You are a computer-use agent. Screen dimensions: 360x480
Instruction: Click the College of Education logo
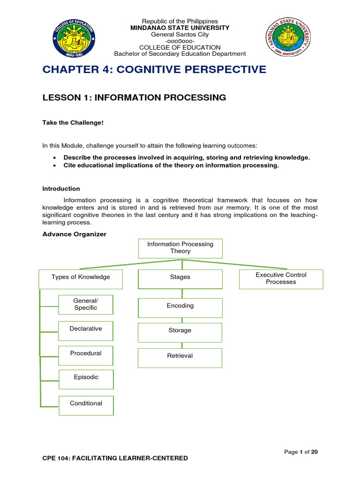(x=74, y=38)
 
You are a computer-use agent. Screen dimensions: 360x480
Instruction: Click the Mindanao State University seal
(x=288, y=37)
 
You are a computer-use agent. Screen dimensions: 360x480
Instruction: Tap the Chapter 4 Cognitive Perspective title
(x=154, y=69)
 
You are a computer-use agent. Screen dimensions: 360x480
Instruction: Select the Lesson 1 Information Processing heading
(x=134, y=97)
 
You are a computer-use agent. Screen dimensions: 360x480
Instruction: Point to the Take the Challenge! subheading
(x=73, y=123)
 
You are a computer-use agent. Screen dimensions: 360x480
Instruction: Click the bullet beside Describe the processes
(x=54, y=158)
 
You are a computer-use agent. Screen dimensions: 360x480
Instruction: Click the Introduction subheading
(x=61, y=188)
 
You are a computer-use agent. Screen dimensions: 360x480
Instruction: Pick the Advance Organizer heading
(x=75, y=234)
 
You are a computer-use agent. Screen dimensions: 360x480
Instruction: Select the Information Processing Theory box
(x=180, y=248)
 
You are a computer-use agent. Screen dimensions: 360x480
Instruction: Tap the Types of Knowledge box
(x=81, y=279)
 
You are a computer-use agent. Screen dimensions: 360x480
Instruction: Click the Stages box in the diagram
(x=180, y=279)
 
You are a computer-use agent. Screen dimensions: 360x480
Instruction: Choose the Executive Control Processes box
(x=281, y=279)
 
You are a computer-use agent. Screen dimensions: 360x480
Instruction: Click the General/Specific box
(x=86, y=305)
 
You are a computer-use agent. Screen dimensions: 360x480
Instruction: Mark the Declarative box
(x=86, y=331)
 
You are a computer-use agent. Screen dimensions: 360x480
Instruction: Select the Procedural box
(x=86, y=355)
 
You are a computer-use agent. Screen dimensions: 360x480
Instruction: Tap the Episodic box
(x=86, y=379)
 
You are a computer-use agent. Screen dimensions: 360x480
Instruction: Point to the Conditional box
(x=86, y=405)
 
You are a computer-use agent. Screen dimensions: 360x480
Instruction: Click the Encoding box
(x=180, y=308)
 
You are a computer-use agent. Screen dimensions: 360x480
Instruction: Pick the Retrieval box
(x=180, y=358)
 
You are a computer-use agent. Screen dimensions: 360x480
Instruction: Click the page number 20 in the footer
(x=315, y=452)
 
